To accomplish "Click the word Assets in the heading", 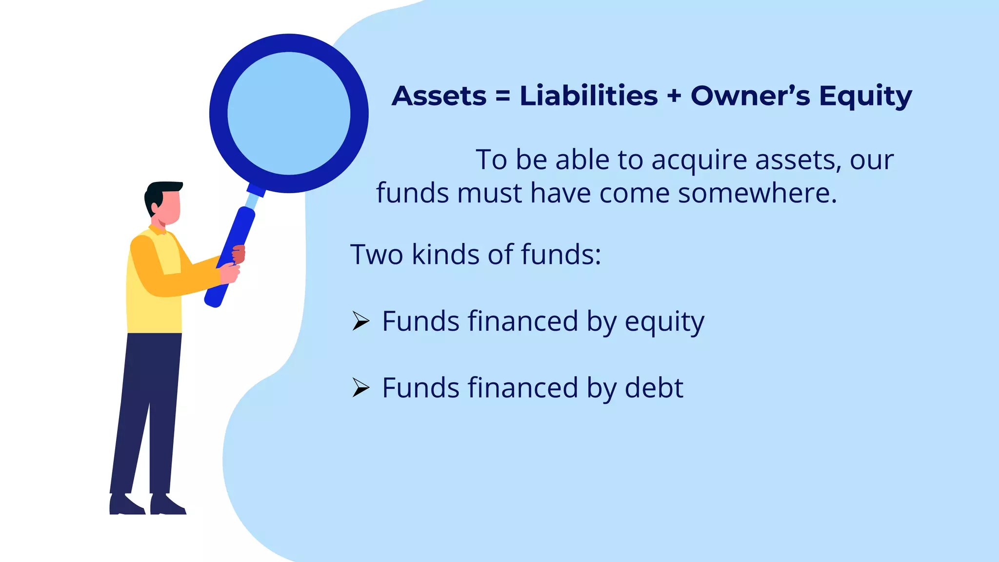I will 439,96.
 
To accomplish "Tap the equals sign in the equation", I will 503,96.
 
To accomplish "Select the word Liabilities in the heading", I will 589,96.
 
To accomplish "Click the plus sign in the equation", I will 674,96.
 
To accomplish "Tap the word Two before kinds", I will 377,255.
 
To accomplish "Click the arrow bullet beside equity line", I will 360,321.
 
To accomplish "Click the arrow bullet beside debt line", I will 360,388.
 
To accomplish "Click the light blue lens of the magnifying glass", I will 289,113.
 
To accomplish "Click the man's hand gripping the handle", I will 229,272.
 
